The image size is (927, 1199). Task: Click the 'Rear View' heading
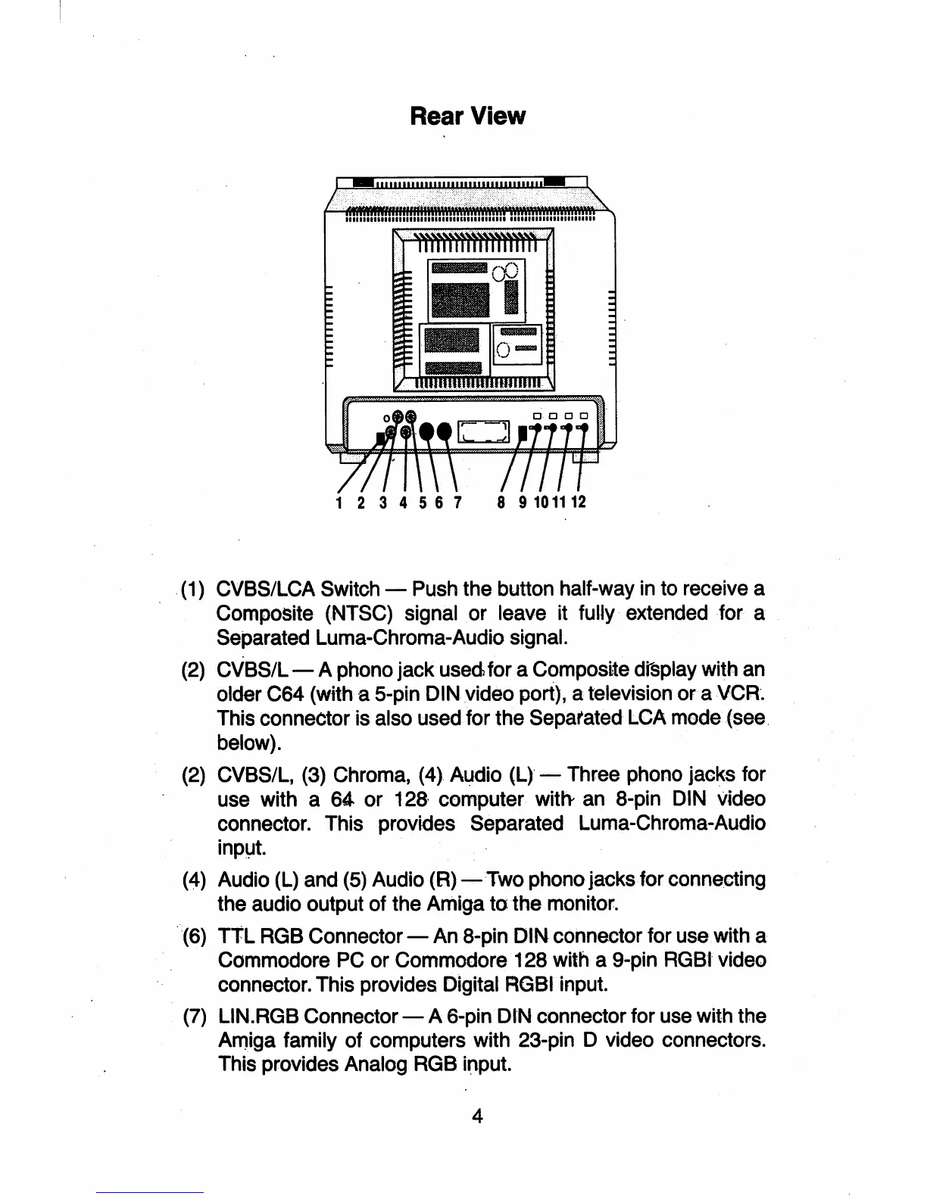click(467, 116)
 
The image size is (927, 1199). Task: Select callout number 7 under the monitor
click(457, 503)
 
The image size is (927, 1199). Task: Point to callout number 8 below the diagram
click(501, 503)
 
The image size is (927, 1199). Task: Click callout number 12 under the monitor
click(579, 503)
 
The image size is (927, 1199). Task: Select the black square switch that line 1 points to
click(379, 438)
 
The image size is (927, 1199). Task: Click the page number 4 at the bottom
click(477, 1116)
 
